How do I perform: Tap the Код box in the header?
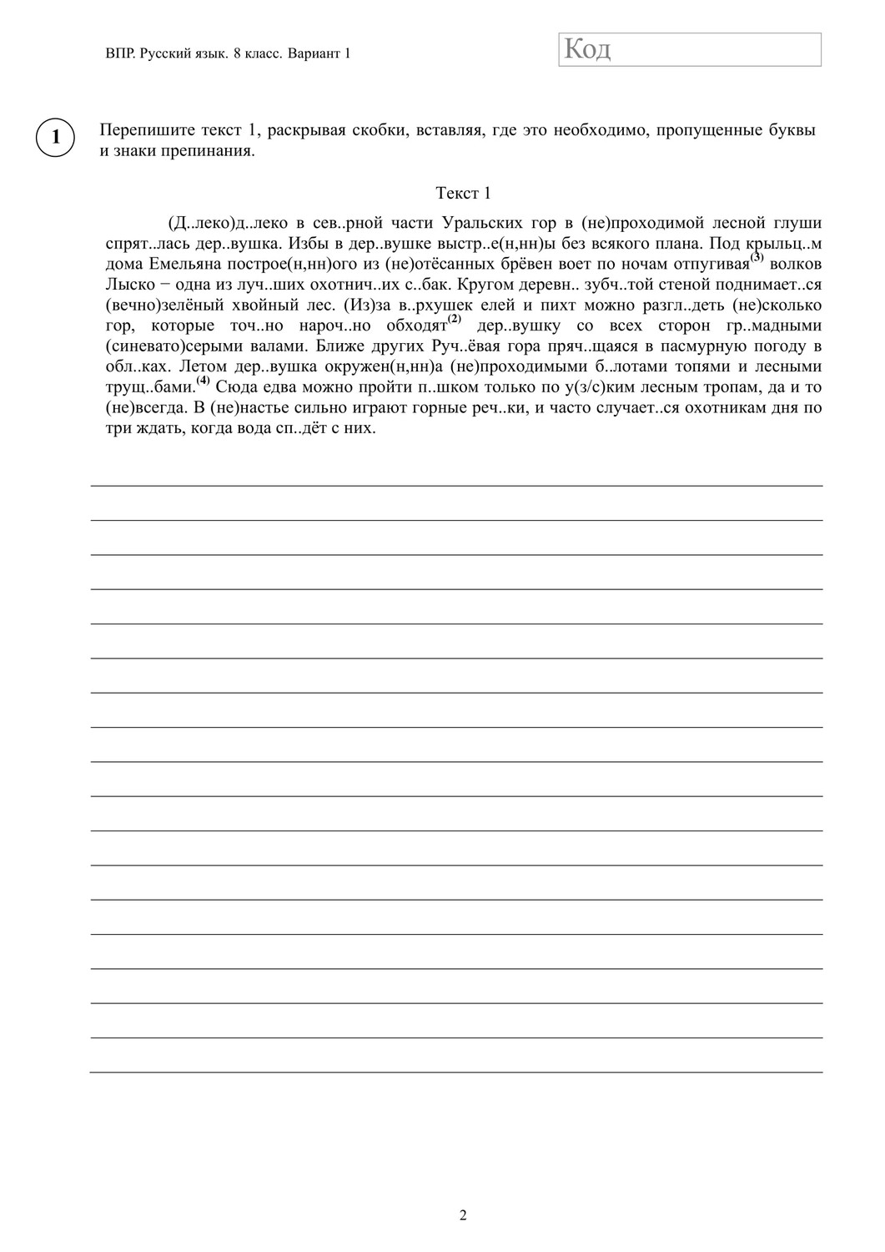tap(690, 49)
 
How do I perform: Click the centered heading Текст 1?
tap(463, 194)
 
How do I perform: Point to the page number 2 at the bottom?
tap(463, 1215)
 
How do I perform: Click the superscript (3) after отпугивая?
tap(757, 258)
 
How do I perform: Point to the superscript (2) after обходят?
tap(454, 319)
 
